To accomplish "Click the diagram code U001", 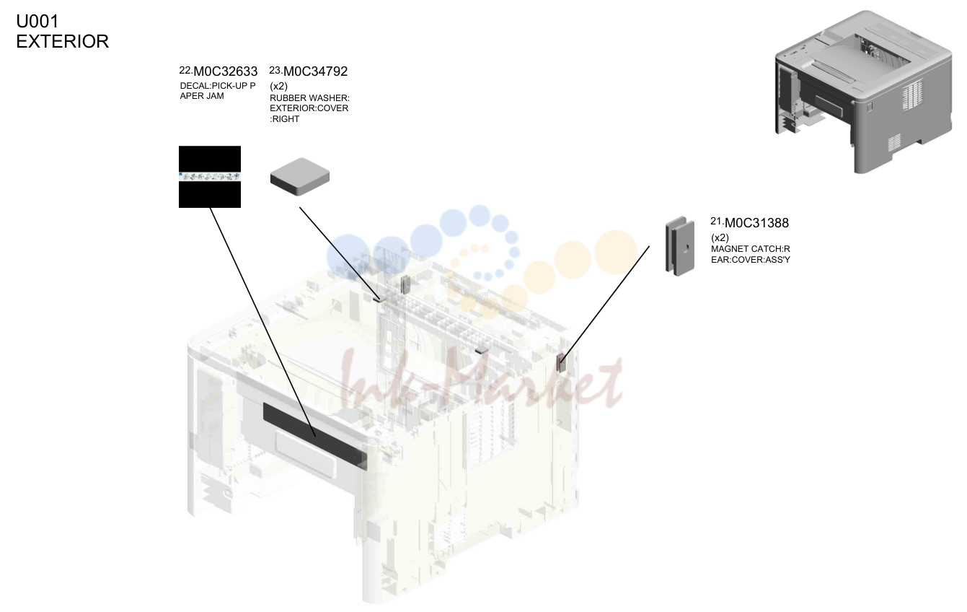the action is [37, 21].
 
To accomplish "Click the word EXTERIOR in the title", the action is [63, 41].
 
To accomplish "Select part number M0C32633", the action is [226, 71].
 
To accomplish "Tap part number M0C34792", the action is [315, 71].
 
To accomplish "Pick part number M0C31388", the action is [756, 223].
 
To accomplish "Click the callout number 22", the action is [185, 70].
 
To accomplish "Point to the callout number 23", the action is [275, 70].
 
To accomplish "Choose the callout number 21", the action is [717, 222].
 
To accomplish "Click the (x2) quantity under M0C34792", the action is [279, 86].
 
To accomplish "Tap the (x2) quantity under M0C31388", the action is [720, 237].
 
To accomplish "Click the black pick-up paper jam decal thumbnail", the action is [210, 177].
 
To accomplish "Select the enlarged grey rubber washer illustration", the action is [300, 176].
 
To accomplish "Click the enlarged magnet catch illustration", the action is [680, 246].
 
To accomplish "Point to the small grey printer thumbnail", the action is [863, 92].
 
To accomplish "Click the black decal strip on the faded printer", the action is [315, 437].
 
